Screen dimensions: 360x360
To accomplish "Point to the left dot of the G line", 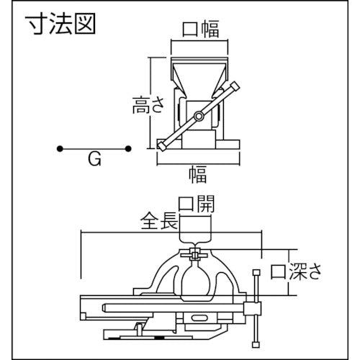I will coord(59,149).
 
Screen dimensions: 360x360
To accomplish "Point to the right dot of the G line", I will coord(127,149).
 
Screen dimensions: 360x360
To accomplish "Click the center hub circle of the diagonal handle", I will coord(197,116).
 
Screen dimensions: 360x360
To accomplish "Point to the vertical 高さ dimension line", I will coord(152,101).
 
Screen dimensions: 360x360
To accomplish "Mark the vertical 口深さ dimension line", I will coord(288,274).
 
